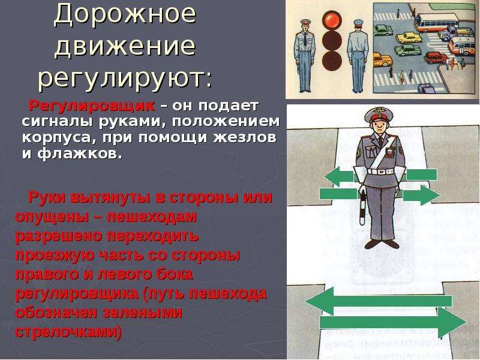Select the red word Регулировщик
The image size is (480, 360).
(92, 106)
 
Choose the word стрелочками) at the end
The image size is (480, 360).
(68, 332)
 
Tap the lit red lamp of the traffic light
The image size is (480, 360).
(332, 20)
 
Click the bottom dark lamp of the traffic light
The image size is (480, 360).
(332, 60)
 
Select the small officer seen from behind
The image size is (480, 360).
(358, 56)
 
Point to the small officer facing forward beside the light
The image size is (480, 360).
(304, 56)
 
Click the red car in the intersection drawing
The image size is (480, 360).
(437, 57)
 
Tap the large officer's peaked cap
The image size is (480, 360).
(379, 115)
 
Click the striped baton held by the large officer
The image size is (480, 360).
(363, 206)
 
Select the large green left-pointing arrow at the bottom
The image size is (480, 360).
(379, 302)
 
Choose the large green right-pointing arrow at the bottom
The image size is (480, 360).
(393, 322)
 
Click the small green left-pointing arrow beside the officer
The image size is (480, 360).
(339, 176)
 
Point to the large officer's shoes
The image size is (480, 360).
(382, 244)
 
